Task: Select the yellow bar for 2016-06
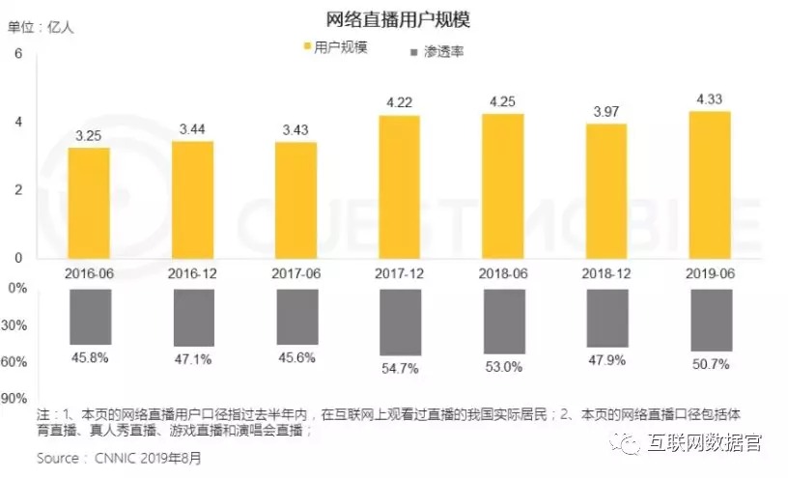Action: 89,202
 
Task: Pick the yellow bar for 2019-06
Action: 710,183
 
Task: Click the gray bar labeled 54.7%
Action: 399,322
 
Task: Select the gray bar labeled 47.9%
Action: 606,318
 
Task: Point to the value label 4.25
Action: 503,101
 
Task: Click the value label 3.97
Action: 606,111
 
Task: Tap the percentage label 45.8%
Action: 89,358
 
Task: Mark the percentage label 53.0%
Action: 503,367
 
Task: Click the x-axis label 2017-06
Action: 295,273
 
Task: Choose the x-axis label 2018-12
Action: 606,273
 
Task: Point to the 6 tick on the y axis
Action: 17,54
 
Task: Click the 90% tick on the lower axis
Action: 14,398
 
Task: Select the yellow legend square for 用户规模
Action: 306,46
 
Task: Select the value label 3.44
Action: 192,128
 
